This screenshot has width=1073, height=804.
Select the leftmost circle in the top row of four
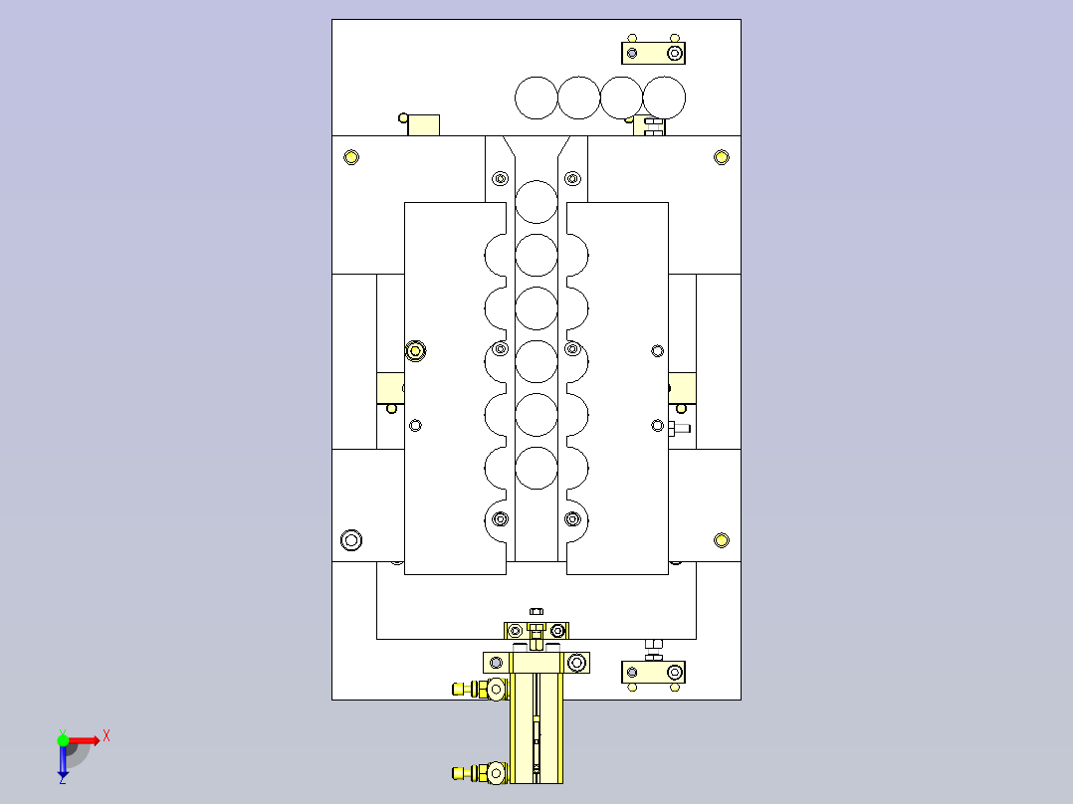[536, 98]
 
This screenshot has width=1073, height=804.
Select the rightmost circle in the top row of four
[665, 98]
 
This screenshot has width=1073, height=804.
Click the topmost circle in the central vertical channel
[536, 202]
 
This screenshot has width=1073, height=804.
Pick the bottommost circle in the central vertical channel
[536, 468]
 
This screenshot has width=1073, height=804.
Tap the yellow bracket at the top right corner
[653, 52]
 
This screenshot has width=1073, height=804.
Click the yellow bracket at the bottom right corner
[653, 673]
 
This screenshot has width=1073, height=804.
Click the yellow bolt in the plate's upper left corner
[350, 157]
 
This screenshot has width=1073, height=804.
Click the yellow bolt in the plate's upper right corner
[722, 157]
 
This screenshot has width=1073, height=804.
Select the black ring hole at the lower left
[351, 540]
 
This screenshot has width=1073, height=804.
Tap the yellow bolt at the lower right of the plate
[722, 540]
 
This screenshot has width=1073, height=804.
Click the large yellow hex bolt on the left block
[416, 350]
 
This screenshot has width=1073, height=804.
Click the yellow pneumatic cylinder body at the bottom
[536, 731]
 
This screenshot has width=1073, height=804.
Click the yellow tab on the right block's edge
[683, 387]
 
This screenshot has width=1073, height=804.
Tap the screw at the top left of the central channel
[501, 179]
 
